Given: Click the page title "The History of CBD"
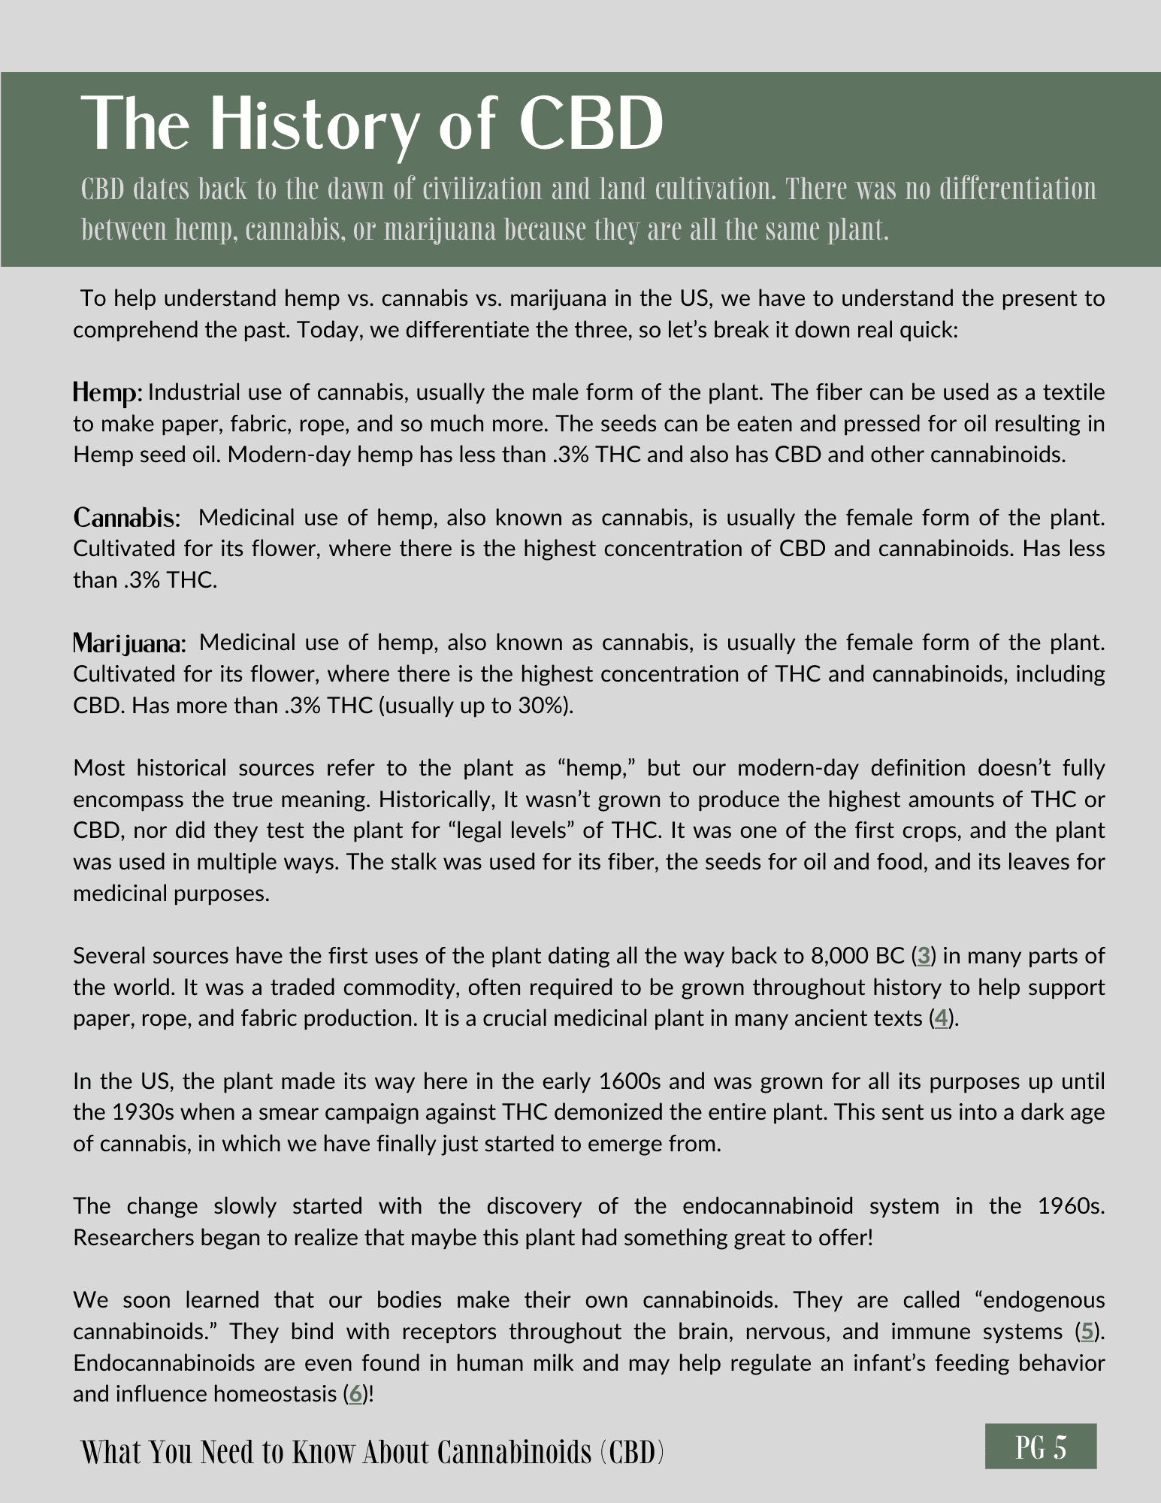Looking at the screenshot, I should pyautogui.click(x=372, y=125).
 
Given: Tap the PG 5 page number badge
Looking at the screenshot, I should pyautogui.click(x=1040, y=1447).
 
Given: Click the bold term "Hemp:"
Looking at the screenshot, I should pyautogui.click(x=107, y=392).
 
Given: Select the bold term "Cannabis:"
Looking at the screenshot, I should pyautogui.click(x=127, y=518).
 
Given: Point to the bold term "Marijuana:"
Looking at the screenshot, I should pyautogui.click(x=129, y=643).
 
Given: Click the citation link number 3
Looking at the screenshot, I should pyautogui.click(x=924, y=956).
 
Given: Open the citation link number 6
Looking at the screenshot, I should pyautogui.click(x=356, y=1394).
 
